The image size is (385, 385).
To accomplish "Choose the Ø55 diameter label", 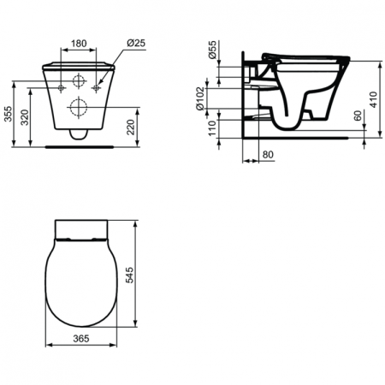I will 212,52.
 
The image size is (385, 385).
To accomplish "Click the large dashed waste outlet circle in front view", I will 77,108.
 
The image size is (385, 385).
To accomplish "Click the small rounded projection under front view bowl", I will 77,133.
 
